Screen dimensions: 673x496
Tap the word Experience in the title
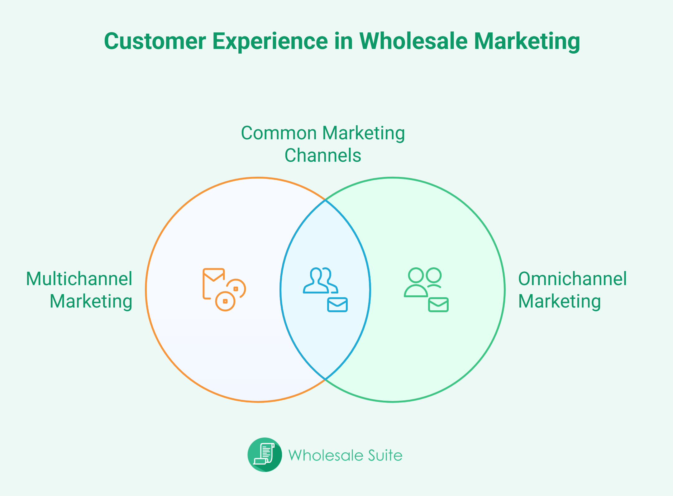click(x=270, y=42)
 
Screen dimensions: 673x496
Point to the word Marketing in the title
click(x=527, y=42)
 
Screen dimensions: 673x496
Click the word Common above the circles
click(x=279, y=133)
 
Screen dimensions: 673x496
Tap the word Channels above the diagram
click(x=323, y=155)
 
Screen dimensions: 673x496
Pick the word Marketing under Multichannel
click(x=91, y=302)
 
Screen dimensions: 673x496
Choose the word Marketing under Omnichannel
click(x=560, y=302)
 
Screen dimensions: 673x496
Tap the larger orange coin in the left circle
click(x=225, y=301)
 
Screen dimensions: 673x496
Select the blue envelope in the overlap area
click(x=337, y=305)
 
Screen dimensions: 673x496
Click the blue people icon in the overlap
click(x=321, y=280)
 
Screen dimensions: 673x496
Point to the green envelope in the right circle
click(x=438, y=305)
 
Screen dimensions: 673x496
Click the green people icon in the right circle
click(x=423, y=282)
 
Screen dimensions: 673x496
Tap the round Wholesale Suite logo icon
click(x=265, y=455)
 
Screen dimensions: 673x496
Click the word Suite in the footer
click(x=385, y=455)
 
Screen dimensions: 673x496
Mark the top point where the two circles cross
click(x=325, y=200)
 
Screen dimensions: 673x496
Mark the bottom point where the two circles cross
click(x=325, y=379)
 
